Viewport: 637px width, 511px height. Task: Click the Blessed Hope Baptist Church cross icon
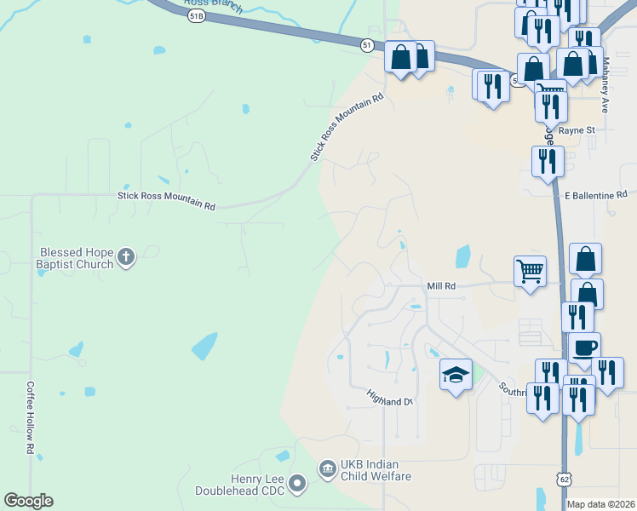coord(126,257)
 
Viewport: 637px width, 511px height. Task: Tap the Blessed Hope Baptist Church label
coord(76,258)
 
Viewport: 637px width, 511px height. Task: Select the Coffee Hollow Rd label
coord(30,416)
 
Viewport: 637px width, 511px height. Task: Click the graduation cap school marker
coord(456,375)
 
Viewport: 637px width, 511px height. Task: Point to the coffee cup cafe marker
coord(584,347)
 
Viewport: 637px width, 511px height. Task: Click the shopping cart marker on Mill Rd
coord(530,272)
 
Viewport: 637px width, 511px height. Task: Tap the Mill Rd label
coord(441,287)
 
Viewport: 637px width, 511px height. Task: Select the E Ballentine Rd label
coord(595,196)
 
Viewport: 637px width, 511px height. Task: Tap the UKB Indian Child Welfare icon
coord(327,468)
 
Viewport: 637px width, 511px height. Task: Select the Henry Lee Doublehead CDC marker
coord(297,484)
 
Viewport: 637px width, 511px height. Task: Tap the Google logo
coord(28,501)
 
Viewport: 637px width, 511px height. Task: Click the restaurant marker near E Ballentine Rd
coord(548,160)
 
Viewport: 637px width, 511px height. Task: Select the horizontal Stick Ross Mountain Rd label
coord(166,200)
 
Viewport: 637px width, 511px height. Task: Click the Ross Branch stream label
coord(219,8)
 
